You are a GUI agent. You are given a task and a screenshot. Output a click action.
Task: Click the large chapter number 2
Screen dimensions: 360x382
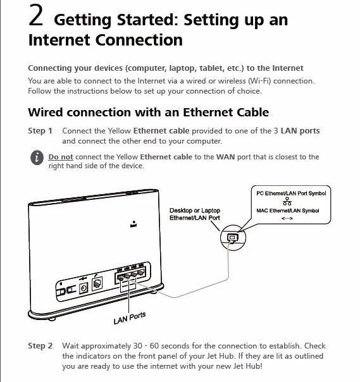point(36,15)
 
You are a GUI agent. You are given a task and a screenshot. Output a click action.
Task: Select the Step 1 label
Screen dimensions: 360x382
point(40,131)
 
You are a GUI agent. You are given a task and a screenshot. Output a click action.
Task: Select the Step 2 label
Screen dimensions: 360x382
point(40,346)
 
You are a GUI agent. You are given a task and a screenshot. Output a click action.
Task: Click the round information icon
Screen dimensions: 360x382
point(37,157)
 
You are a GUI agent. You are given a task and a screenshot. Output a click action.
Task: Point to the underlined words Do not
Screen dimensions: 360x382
point(61,157)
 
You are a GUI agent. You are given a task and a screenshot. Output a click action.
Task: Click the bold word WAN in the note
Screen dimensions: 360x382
point(226,157)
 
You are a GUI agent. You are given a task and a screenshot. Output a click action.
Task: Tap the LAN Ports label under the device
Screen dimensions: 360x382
point(130,318)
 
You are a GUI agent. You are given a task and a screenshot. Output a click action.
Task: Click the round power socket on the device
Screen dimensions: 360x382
point(84,288)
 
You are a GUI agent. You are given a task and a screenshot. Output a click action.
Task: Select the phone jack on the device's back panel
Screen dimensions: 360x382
point(97,284)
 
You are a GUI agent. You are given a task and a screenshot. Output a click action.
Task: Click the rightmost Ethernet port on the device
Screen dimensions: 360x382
point(141,273)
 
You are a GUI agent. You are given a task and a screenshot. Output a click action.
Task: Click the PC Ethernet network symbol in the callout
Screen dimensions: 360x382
point(287,202)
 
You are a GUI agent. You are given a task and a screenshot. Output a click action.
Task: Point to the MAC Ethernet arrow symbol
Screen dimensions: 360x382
point(287,218)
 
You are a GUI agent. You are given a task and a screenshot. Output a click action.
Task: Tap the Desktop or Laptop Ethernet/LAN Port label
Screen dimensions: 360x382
point(195,214)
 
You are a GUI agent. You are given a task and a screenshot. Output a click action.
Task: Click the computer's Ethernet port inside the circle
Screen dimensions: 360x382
point(233,237)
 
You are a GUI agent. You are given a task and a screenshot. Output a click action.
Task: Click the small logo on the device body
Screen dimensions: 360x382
point(133,224)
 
